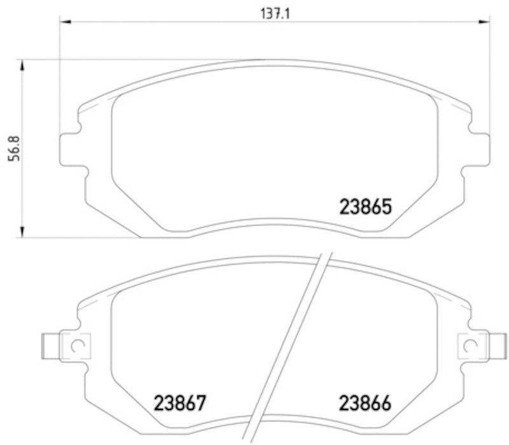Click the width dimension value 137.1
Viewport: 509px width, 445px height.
coord(275,13)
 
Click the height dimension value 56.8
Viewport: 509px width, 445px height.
coord(12,149)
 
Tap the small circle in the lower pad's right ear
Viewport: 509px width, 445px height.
coord(471,346)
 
